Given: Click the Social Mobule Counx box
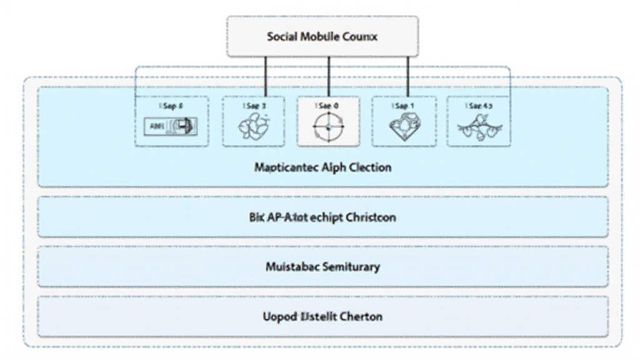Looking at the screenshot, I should point(322,37).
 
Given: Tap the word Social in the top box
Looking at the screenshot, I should point(281,37).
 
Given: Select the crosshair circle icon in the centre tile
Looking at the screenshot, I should point(328,127).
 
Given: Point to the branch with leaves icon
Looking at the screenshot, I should point(479,129).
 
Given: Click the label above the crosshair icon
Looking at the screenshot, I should point(328,106).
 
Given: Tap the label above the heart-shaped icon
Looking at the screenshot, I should point(404,106).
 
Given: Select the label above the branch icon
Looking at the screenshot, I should point(479,106).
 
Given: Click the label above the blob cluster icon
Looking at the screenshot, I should point(254,106).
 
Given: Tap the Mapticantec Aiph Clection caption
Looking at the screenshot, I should point(322,167).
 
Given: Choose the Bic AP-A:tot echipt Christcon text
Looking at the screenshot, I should point(322,217).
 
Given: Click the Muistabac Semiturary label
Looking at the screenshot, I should point(322,267).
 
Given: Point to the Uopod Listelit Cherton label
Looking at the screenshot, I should point(322,316).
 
